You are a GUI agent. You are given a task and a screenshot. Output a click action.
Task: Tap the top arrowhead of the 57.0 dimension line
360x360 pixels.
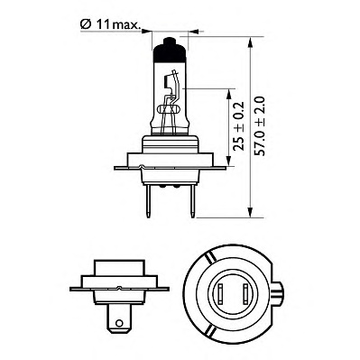247,41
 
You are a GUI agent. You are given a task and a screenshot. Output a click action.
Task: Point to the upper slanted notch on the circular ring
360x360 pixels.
208,262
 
